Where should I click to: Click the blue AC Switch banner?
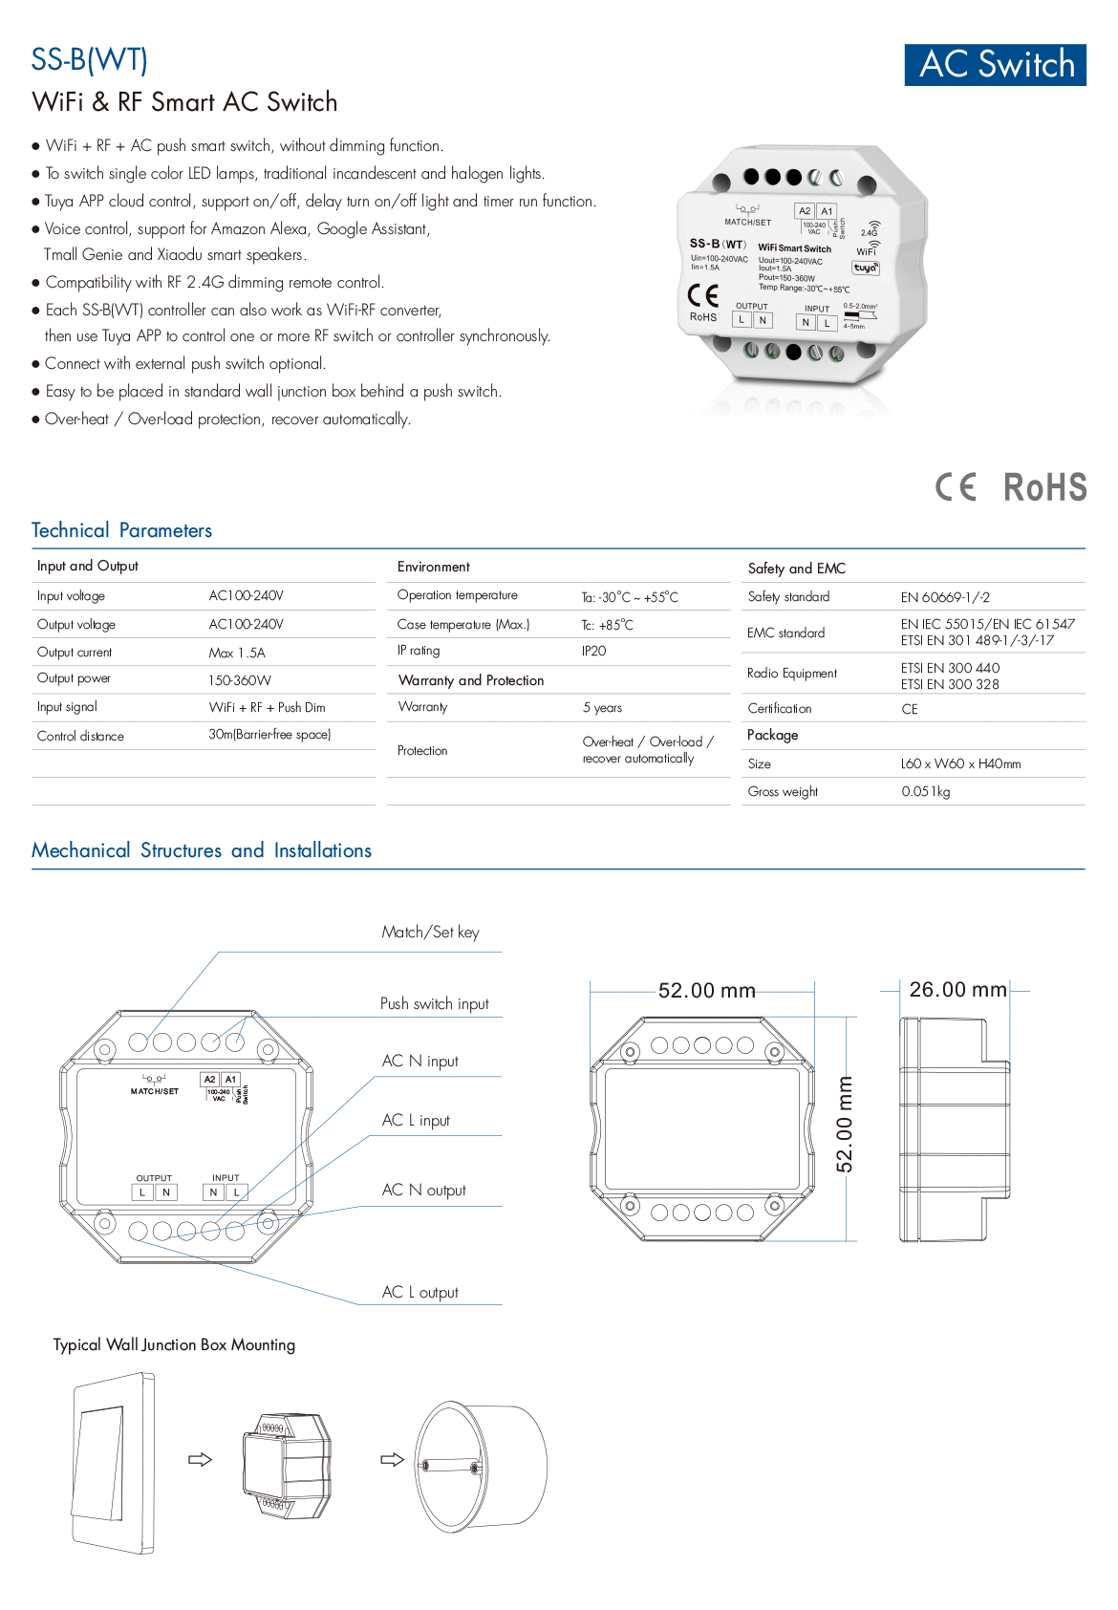995,65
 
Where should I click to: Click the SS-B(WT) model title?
89,60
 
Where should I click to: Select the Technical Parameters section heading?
121,530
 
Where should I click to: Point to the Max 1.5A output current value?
237,653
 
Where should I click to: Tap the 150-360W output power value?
240,680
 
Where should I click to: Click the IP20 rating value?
593,651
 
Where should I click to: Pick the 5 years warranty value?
602,708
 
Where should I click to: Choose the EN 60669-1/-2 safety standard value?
945,597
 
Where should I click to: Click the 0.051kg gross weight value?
925,791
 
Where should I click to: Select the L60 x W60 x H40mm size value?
960,763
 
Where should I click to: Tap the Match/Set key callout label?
430,933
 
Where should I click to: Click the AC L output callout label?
419,1293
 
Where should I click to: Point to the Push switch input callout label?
434,1004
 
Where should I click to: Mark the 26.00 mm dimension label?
957,990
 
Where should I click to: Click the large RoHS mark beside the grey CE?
1044,487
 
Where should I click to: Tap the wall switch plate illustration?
113,1463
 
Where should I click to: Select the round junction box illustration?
480,1466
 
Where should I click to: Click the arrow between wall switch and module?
200,1460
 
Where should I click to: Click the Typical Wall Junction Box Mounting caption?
174,1345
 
